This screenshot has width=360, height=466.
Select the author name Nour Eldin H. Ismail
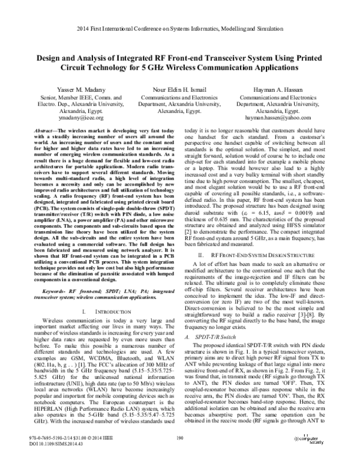coord(179,88)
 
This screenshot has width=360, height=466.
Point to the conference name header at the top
coord(179,29)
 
